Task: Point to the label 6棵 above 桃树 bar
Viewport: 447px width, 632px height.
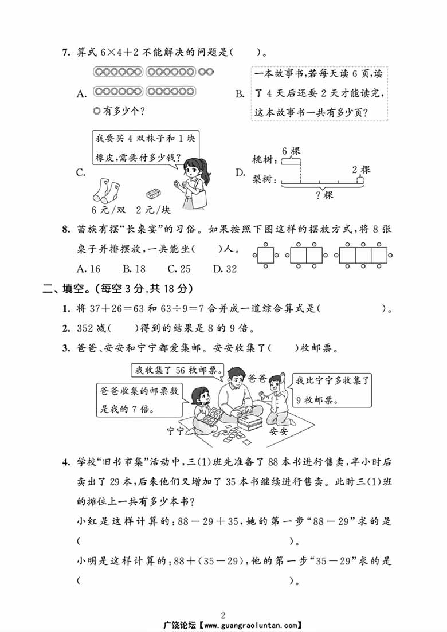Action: coord(291,151)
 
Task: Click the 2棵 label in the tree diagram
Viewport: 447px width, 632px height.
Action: coord(361,169)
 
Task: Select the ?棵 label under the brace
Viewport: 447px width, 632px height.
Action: coord(324,195)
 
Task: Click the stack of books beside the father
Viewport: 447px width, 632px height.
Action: coord(249,423)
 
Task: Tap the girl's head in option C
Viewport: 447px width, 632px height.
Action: coord(192,166)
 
